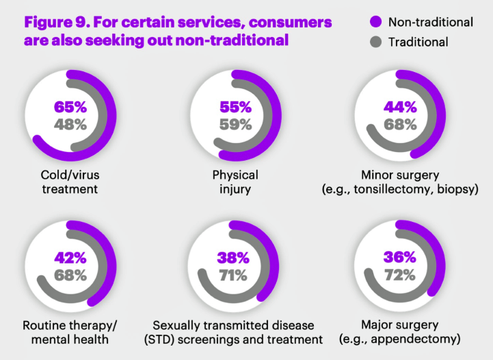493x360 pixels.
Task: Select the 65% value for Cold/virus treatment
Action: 70,107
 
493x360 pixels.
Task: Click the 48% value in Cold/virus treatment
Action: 70,125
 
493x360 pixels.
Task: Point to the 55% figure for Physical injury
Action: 235,107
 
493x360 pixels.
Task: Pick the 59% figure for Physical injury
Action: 235,125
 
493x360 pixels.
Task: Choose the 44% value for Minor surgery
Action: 400,107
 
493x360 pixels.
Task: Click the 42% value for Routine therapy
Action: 70,259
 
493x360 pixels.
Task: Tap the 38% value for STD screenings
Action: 235,259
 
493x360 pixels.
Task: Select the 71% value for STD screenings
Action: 235,276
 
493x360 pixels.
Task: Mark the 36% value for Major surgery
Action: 400,259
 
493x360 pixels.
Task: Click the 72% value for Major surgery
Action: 400,276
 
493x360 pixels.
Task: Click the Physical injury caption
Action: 235,181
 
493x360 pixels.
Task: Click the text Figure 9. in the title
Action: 54,21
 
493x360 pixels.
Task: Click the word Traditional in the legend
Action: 418,42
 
